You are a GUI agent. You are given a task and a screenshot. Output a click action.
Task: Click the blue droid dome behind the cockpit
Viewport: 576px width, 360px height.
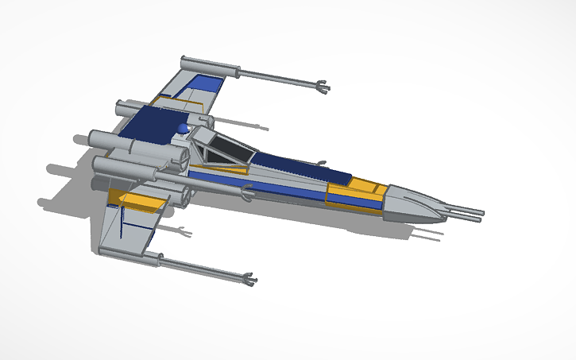click(184, 129)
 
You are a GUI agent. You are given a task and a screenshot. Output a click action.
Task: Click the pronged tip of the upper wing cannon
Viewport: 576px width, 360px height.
click(322, 85)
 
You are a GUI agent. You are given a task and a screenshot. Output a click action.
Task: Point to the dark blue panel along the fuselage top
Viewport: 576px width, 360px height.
click(294, 166)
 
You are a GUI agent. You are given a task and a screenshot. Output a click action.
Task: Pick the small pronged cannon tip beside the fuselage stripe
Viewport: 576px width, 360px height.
click(249, 190)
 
